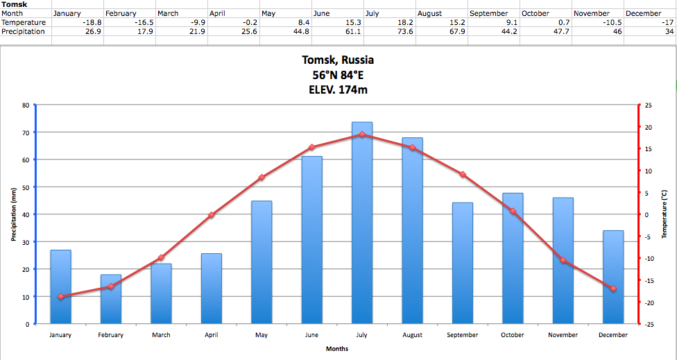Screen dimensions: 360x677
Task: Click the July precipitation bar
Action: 362,223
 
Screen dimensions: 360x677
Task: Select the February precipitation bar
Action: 111,299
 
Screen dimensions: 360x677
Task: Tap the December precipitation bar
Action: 613,277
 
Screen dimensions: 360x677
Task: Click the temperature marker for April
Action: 212,215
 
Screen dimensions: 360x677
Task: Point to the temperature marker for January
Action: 61,297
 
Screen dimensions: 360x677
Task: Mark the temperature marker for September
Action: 463,174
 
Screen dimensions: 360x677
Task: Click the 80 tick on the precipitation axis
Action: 26,105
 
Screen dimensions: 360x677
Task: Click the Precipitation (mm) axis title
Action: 13,214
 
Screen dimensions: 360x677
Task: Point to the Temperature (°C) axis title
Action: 664,214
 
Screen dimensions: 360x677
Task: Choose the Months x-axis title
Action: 337,349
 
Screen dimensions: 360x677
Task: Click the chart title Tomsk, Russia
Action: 338,60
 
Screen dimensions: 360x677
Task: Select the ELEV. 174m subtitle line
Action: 338,89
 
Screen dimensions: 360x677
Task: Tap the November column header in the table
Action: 592,14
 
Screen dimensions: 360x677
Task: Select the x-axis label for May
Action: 262,335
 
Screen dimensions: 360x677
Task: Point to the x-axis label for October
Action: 513,335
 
